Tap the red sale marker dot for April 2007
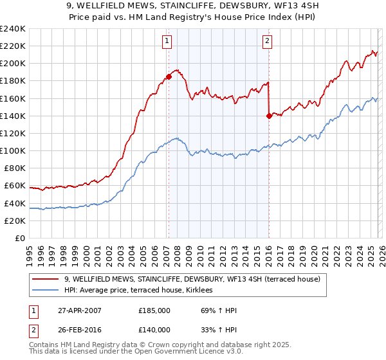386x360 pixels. [x=169, y=76]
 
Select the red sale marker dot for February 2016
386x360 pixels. [x=268, y=116]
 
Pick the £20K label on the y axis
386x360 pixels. [x=15, y=221]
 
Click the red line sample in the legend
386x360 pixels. [x=46, y=279]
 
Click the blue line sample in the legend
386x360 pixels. [x=46, y=290]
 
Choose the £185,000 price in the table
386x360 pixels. [x=154, y=310]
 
